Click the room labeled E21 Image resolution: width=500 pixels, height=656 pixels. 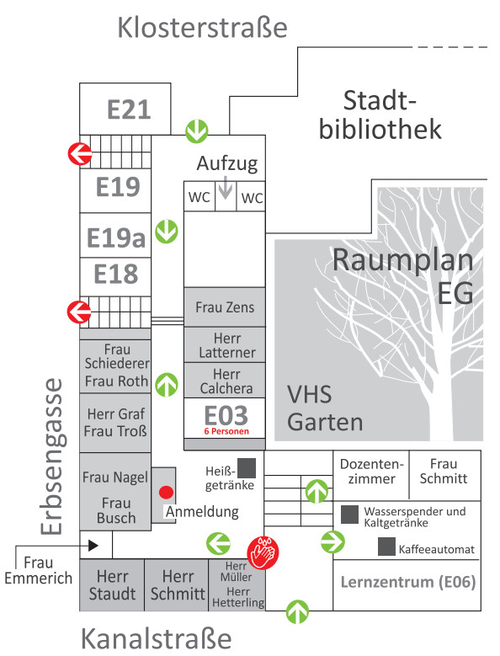click(125, 109)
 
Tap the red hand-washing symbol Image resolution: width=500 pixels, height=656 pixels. click(263, 552)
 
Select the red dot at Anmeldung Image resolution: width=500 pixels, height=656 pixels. click(167, 493)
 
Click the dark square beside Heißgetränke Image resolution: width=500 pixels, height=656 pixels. click(247, 467)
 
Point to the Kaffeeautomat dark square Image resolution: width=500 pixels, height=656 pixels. click(386, 547)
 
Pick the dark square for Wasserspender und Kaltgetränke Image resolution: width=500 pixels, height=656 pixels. click(350, 515)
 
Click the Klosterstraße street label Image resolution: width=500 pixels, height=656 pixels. click(202, 28)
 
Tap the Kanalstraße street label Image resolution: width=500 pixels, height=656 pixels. click(157, 638)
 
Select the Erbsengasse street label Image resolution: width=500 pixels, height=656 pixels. click(52, 457)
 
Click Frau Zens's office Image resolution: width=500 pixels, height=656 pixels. click(225, 307)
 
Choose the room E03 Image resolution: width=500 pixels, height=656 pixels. click(225, 418)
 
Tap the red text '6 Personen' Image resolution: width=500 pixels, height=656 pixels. click(226, 431)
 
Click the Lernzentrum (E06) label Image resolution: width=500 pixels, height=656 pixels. click(408, 582)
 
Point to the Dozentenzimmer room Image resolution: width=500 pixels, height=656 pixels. click(371, 475)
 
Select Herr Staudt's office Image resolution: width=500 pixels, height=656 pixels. click(112, 585)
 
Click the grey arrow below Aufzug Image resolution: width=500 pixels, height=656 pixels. click(226, 188)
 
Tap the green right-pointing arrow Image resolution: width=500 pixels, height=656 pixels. click(332, 541)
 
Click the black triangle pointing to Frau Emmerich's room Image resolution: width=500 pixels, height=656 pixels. click(93, 545)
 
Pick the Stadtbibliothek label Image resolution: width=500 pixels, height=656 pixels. click(380, 115)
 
